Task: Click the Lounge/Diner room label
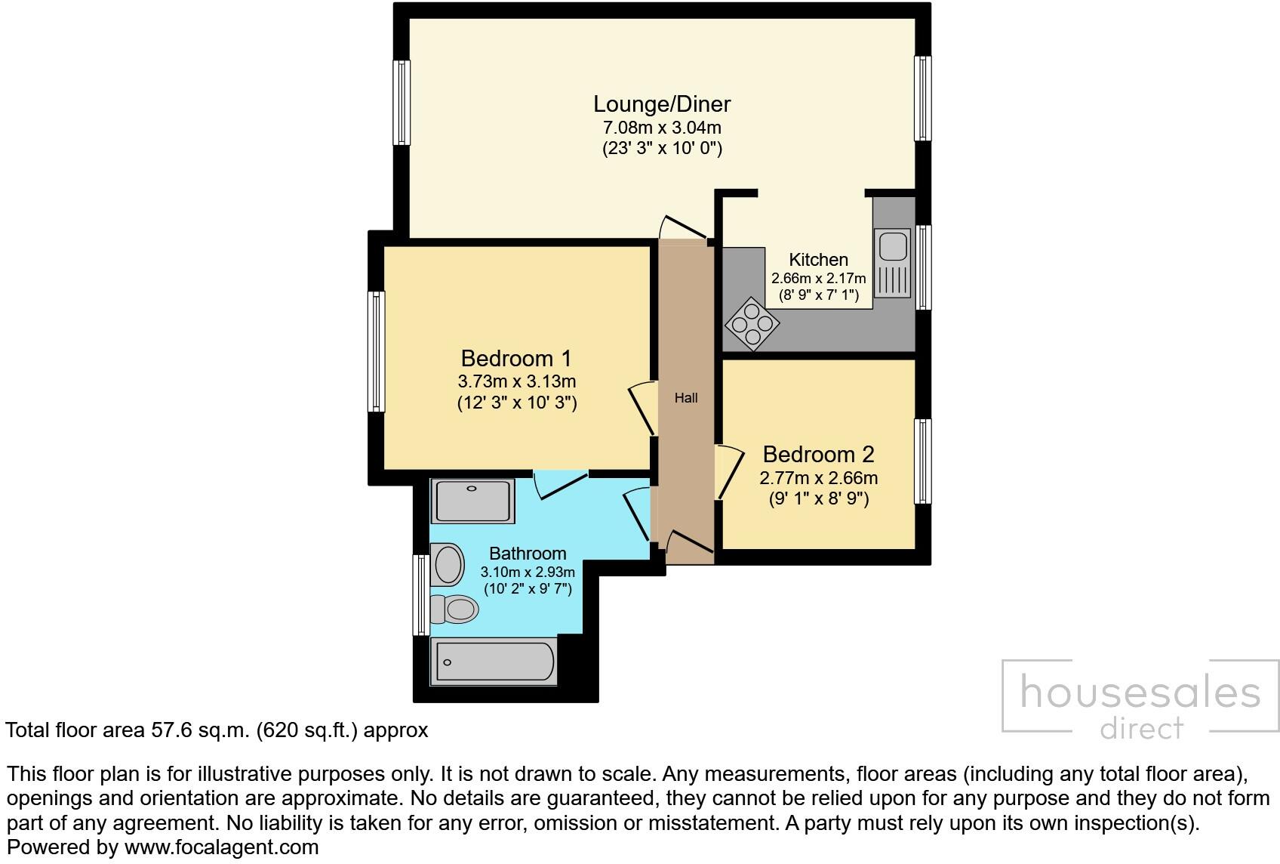click(x=662, y=103)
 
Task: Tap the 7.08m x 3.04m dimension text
click(x=662, y=127)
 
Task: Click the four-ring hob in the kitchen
click(x=752, y=324)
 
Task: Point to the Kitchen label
click(x=818, y=260)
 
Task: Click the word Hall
click(x=685, y=398)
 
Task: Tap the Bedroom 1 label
click(x=516, y=358)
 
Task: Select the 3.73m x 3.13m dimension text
click(x=516, y=381)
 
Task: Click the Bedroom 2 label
click(x=818, y=454)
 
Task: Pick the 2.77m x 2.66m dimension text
click(x=818, y=478)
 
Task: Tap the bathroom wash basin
click(x=448, y=564)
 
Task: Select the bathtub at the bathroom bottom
click(x=493, y=662)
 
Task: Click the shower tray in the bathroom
click(x=472, y=501)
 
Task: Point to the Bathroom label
click(x=528, y=553)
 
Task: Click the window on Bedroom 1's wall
click(x=376, y=351)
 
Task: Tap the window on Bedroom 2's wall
click(x=922, y=461)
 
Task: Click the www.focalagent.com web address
click(x=221, y=847)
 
